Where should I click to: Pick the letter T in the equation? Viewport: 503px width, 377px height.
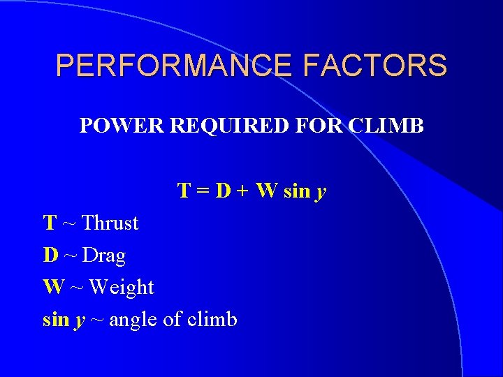click(185, 191)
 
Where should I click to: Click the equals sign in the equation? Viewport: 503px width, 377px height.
click(203, 191)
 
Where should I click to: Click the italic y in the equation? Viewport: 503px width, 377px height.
click(321, 193)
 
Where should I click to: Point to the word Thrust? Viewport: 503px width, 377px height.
click(110, 223)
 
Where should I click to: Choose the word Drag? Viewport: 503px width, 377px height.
click(104, 256)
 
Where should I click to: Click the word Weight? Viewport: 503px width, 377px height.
click(122, 288)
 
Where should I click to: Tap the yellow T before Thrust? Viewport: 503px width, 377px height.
click(50, 223)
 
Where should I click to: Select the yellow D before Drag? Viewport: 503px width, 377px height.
click(50, 256)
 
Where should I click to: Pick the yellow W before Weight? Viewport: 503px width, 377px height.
click(53, 287)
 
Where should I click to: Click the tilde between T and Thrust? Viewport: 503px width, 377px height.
click(69, 224)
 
